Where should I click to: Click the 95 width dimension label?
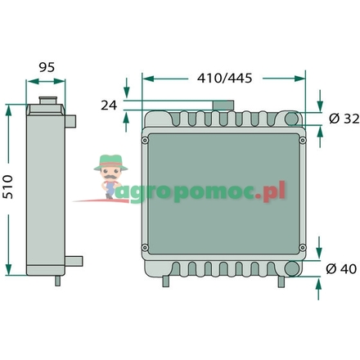[x=47, y=69]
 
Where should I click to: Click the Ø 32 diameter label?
[x=340, y=119]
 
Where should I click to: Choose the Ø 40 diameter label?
[x=340, y=269]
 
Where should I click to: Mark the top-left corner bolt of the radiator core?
[x=146, y=140]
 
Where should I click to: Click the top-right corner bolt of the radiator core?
[x=303, y=140]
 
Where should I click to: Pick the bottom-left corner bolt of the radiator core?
[x=146, y=249]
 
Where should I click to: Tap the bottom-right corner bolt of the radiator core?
[x=303, y=249]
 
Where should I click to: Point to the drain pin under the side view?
[x=56, y=280]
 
